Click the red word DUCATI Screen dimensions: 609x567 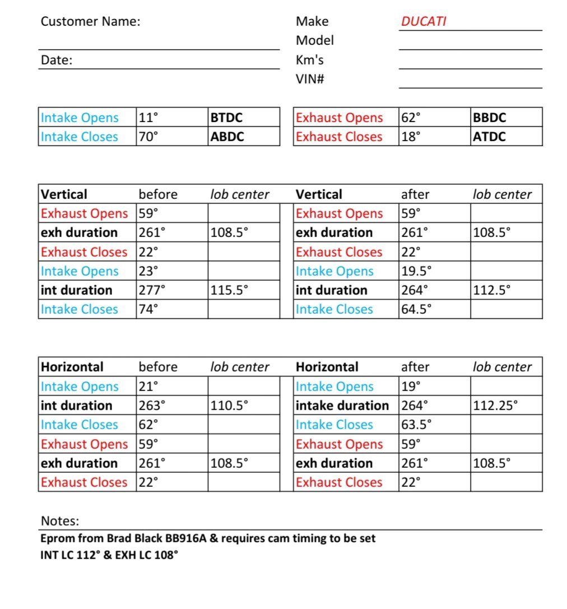[x=424, y=22]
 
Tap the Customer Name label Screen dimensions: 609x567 [x=90, y=22]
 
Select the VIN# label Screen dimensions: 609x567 [x=310, y=79]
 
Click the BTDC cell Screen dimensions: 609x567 [x=226, y=118]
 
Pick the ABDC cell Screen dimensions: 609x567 [x=227, y=137]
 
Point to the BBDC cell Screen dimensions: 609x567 [x=489, y=118]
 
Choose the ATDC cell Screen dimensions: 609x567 [x=489, y=137]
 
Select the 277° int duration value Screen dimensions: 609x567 [x=152, y=290]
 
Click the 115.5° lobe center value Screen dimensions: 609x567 [x=229, y=290]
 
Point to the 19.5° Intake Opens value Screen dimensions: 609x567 [x=416, y=271]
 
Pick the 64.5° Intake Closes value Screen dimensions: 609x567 [x=416, y=309]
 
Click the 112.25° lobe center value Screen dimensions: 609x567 [x=495, y=406]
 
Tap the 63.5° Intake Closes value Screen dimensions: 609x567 [x=416, y=425]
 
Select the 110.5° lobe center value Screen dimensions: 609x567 [x=229, y=406]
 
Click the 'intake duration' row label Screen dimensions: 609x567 [x=342, y=406]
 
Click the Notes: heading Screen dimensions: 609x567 [x=60, y=521]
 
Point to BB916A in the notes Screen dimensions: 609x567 [x=186, y=539]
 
